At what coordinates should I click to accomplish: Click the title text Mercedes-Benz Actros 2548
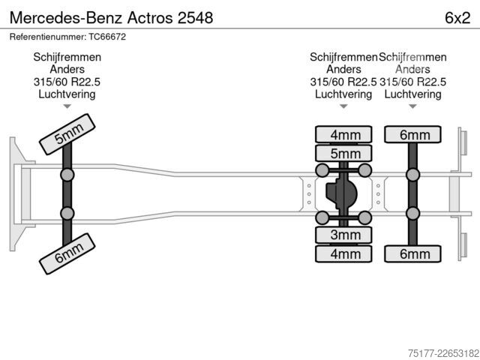click(112, 18)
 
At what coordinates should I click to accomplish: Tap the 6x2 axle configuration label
click(457, 18)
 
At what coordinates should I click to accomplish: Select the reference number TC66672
click(107, 37)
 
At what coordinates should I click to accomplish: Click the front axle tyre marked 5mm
click(67, 134)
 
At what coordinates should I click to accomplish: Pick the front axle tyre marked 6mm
click(67, 253)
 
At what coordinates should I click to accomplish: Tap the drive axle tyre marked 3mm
click(343, 235)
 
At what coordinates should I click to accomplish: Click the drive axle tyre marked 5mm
click(343, 153)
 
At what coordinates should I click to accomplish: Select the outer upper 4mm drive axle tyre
click(343, 134)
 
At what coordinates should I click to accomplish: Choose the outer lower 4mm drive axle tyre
click(343, 253)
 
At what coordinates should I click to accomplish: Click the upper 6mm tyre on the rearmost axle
click(413, 134)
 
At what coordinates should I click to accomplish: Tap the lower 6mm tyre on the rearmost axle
click(413, 253)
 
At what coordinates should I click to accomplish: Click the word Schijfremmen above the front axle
click(67, 57)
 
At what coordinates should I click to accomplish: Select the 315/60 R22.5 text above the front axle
click(67, 82)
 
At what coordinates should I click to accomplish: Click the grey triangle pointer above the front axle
click(67, 106)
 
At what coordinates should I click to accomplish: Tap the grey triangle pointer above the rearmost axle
click(413, 106)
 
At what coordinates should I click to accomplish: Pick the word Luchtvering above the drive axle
click(343, 94)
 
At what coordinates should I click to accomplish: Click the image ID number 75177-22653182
click(443, 353)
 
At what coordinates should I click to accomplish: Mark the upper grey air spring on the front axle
click(67, 175)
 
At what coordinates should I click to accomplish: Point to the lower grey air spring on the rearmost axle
click(413, 213)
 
